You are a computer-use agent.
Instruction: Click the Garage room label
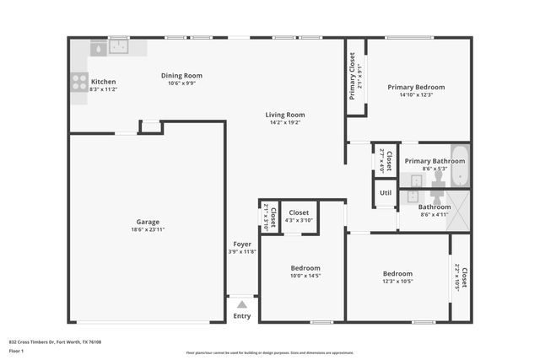(147, 222)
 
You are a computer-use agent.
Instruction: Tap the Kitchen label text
(103, 82)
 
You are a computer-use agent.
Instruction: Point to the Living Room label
(285, 115)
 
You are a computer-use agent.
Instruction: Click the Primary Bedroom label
(416, 87)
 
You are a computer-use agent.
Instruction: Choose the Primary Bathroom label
(435, 161)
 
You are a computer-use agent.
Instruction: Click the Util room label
(386, 192)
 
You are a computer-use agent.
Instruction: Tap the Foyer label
(241, 244)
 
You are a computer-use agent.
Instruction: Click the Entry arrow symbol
(242, 304)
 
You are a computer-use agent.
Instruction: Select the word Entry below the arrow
(242, 316)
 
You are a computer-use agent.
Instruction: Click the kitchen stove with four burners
(79, 82)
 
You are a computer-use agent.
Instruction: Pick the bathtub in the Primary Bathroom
(459, 166)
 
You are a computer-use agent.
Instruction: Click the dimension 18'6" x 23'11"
(147, 229)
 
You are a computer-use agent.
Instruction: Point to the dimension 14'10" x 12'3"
(416, 94)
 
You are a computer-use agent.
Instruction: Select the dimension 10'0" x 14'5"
(305, 275)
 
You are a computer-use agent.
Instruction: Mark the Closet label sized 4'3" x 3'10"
(299, 212)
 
